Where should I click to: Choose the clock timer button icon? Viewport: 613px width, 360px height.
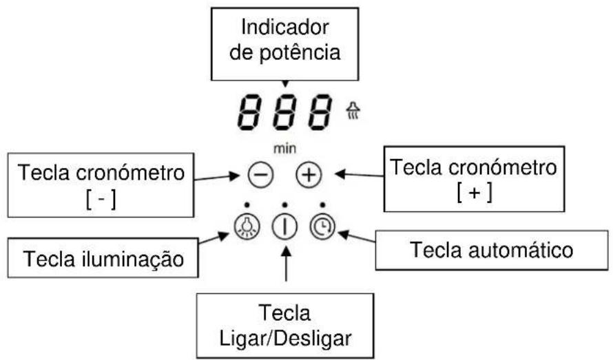pyautogui.click(x=322, y=226)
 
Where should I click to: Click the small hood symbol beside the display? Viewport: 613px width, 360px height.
pyautogui.click(x=353, y=111)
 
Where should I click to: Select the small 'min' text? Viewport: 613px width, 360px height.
pyautogui.click(x=284, y=148)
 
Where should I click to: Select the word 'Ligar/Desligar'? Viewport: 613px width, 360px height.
pyautogui.click(x=287, y=339)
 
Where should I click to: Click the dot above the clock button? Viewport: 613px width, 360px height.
pyautogui.click(x=322, y=205)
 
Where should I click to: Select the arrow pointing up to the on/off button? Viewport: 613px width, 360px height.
pyautogui.click(x=284, y=267)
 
